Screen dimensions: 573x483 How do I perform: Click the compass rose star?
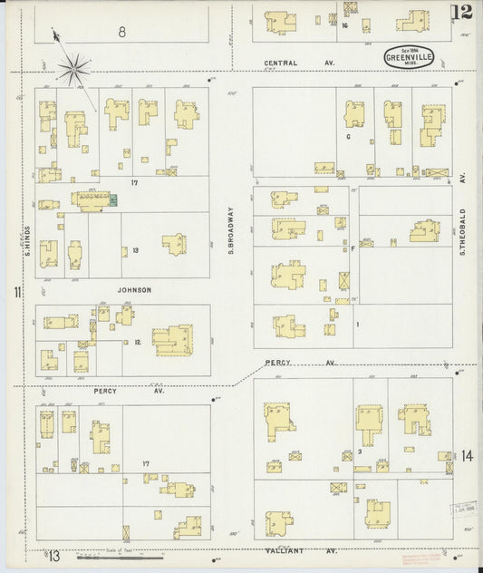click(74, 65)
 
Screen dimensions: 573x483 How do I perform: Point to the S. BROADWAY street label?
click(231, 230)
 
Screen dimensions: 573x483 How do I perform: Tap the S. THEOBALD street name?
click(461, 232)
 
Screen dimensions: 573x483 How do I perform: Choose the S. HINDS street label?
click(29, 239)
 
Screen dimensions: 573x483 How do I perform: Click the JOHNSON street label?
click(133, 290)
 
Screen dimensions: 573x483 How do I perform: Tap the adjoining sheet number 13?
click(55, 555)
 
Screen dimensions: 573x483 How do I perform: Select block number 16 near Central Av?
click(345, 25)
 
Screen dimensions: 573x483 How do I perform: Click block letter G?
click(348, 137)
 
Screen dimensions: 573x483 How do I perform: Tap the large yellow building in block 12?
click(172, 340)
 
